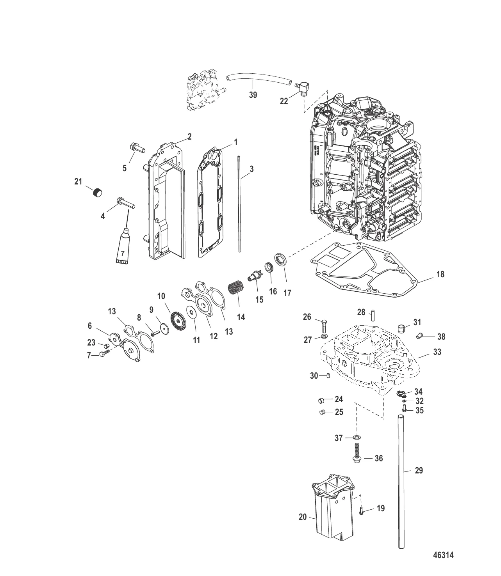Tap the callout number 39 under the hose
click(253, 95)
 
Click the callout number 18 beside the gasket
click(440, 274)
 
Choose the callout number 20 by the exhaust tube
click(303, 517)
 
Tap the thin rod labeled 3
click(239, 204)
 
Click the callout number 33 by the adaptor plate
click(437, 352)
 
